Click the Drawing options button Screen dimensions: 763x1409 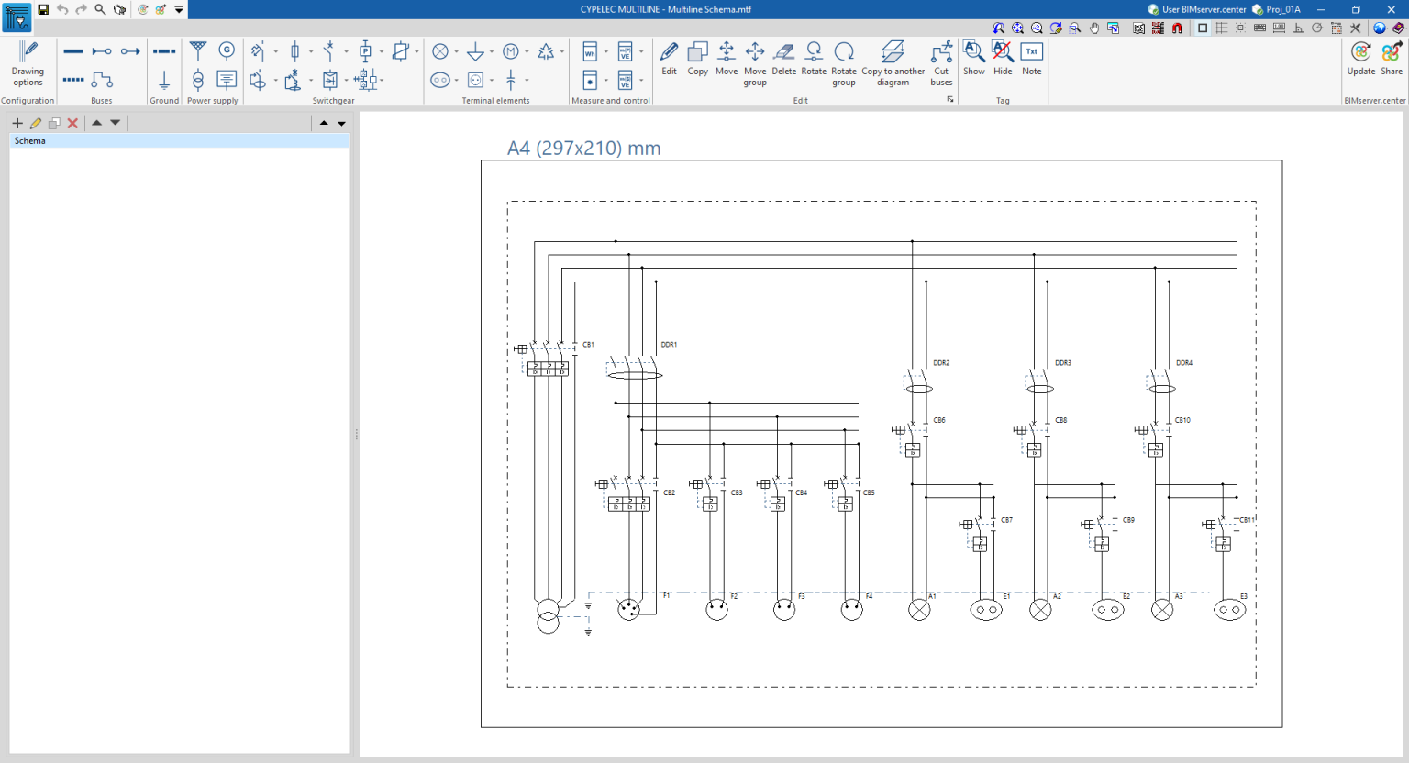(28, 61)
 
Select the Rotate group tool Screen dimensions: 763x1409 (843, 61)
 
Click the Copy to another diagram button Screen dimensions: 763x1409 (893, 61)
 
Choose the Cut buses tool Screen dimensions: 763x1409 (941, 61)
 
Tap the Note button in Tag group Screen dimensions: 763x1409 (1031, 58)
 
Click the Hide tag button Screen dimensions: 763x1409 (1003, 58)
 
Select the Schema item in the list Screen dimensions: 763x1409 (30, 141)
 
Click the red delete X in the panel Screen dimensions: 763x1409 (72, 123)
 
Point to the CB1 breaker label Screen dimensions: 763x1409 (588, 345)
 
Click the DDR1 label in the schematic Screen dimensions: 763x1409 (669, 345)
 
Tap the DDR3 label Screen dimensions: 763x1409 (1062, 363)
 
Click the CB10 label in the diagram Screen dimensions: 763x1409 (1182, 420)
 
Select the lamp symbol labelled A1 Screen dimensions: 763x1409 (919, 610)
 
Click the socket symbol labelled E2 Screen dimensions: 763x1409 (1108, 610)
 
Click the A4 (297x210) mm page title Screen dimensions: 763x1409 (583, 149)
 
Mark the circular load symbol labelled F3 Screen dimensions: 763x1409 (784, 610)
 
